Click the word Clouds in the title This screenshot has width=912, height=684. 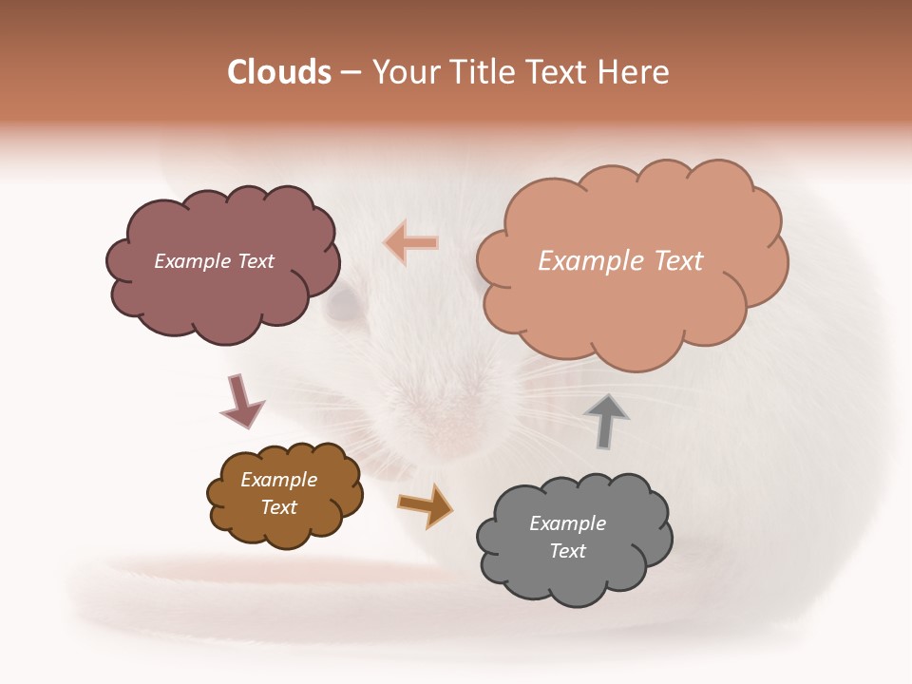tap(279, 72)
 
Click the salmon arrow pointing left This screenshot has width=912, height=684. tap(410, 242)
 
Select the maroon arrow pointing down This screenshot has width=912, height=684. tap(241, 402)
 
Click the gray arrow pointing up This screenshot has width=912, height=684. tap(605, 420)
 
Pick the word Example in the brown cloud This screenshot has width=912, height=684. tap(279, 480)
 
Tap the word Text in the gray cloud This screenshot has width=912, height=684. tap(568, 551)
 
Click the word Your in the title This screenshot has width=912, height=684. tap(399, 72)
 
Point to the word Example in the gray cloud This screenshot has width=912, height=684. tap(567, 523)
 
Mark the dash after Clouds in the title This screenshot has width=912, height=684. tap(351, 73)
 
